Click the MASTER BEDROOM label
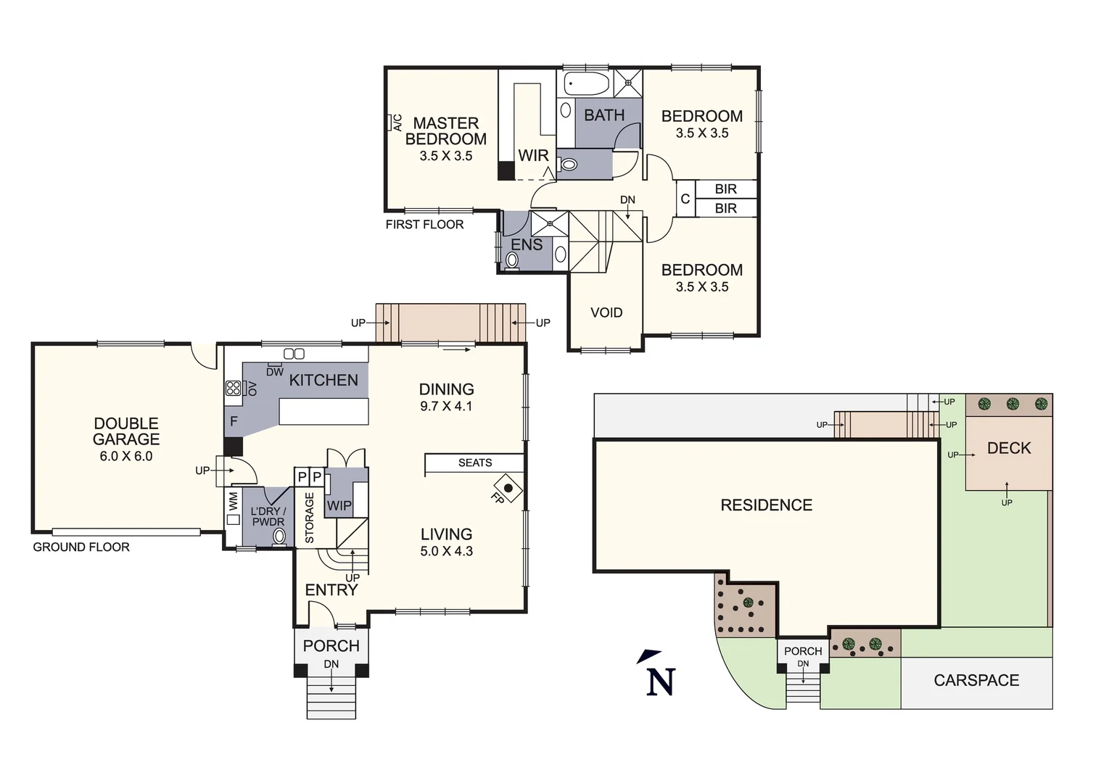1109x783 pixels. (x=445, y=131)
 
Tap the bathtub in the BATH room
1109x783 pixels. (x=587, y=84)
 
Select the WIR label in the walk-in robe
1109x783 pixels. (x=533, y=155)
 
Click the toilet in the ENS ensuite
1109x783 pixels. (x=513, y=260)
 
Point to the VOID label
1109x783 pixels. (x=606, y=312)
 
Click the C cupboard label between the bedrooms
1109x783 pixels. (x=685, y=199)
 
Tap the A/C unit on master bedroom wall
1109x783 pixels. (x=395, y=123)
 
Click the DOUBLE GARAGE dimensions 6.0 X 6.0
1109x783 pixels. (x=126, y=456)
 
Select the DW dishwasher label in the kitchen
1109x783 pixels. (x=274, y=372)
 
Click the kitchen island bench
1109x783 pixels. (x=323, y=412)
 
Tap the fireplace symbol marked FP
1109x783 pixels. (x=508, y=489)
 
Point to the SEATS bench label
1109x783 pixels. (x=475, y=463)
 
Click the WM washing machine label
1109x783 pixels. (x=234, y=500)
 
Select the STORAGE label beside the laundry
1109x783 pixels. (x=310, y=518)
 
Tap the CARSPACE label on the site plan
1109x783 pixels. (x=976, y=680)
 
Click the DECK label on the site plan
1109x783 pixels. (x=1009, y=448)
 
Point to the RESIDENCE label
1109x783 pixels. (x=766, y=505)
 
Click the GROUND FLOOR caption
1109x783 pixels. (x=81, y=547)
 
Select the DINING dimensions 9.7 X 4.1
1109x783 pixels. (x=446, y=407)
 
